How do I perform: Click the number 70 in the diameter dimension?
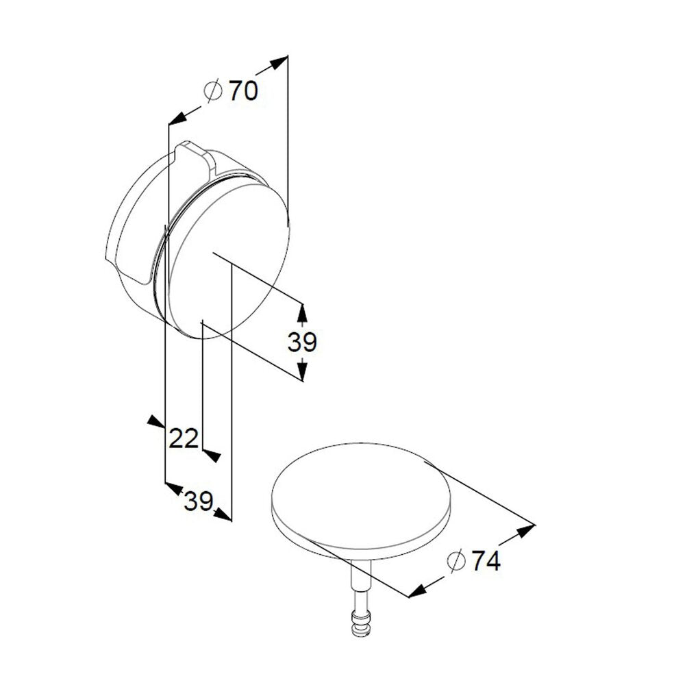click(x=243, y=91)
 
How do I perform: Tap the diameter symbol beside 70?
click(x=213, y=91)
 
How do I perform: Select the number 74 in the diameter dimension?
click(x=486, y=560)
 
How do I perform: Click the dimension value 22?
click(x=184, y=438)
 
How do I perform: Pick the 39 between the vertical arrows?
click(x=302, y=342)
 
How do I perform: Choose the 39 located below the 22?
click(x=199, y=501)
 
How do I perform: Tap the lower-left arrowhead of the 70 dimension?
click(x=177, y=118)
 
